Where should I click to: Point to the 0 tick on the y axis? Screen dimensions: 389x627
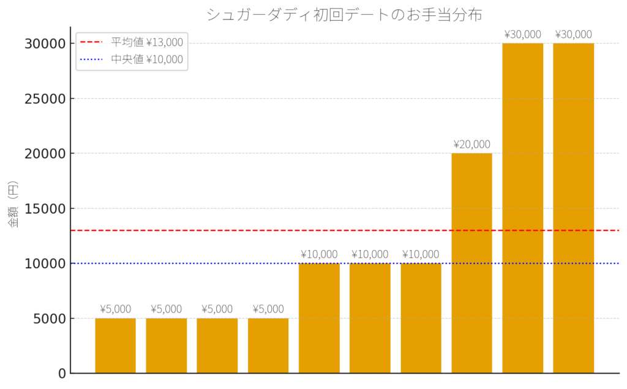[61, 373]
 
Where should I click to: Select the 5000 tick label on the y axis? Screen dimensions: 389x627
[45, 319]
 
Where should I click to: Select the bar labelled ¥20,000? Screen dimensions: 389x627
[471, 263]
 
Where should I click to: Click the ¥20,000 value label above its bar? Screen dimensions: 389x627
[471, 145]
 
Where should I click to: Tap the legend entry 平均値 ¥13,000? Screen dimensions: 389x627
[146, 42]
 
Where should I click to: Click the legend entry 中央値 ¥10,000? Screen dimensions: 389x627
[146, 59]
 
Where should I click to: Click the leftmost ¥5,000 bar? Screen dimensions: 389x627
[115, 346]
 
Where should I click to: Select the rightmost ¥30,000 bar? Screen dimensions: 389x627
[573, 208]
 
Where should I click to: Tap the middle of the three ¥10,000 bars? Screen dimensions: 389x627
[370, 318]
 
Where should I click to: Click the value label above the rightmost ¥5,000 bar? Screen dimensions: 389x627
[268, 309]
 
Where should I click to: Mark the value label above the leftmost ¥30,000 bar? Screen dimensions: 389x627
[522, 34]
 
